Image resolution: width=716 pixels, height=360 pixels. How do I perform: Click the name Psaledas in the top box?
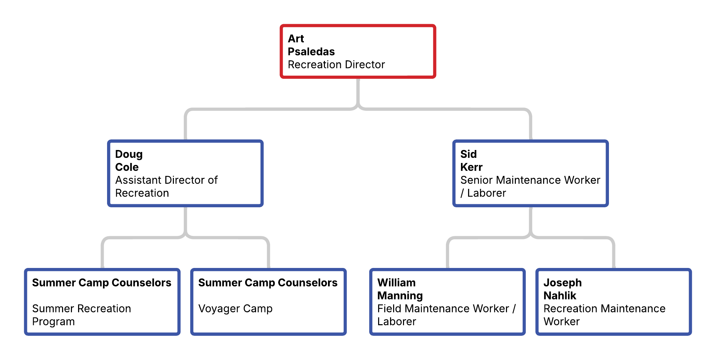311,51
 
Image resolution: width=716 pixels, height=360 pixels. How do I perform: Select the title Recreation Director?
336,64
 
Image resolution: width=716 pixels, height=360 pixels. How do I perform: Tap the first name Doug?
129,154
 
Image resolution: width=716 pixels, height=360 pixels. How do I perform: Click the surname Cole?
127,167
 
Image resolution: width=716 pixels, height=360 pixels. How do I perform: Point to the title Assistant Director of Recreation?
166,186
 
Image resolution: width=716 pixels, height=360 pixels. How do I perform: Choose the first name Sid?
468,154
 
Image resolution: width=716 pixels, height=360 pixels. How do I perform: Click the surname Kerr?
471,167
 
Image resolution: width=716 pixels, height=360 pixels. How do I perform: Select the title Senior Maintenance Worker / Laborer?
530,186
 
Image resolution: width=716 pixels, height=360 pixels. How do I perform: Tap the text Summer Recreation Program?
81,315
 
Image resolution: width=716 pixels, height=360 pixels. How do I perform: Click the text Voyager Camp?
235,309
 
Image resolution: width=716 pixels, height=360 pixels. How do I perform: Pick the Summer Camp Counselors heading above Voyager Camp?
268,283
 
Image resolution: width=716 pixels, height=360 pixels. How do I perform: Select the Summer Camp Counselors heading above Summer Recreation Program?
102,283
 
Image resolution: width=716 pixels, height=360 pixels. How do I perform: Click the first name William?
396,283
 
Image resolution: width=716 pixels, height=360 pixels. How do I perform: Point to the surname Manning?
400,296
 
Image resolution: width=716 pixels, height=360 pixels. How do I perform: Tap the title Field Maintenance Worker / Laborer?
446,315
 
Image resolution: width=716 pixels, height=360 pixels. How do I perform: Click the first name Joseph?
563,283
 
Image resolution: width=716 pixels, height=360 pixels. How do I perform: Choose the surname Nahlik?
560,296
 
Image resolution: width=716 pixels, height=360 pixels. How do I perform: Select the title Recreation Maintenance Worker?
604,315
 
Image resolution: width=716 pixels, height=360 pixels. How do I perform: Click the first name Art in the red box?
296,39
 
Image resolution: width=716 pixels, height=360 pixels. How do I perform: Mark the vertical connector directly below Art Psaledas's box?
358,92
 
